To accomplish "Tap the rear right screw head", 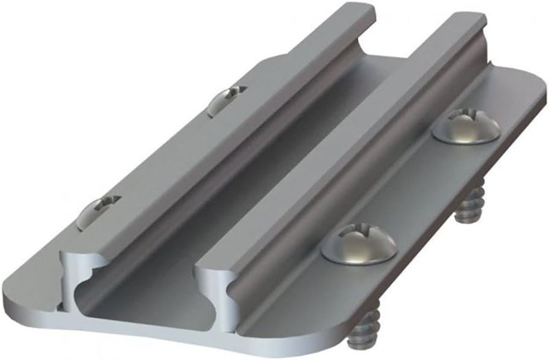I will tap(466, 125).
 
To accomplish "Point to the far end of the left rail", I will tap(357, 10).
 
